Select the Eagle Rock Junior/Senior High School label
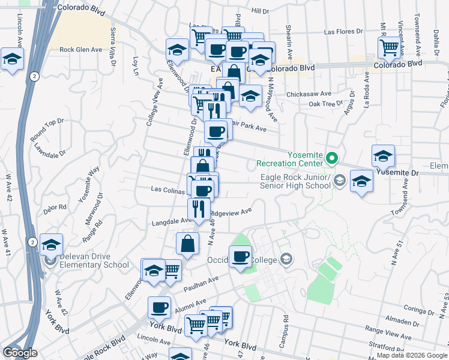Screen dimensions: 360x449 pyautogui.click(x=294, y=181)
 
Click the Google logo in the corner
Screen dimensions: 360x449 pyautogui.click(x=20, y=353)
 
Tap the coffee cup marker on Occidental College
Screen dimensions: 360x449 pyautogui.click(x=241, y=257)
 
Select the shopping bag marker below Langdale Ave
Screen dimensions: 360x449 pyautogui.click(x=188, y=243)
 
